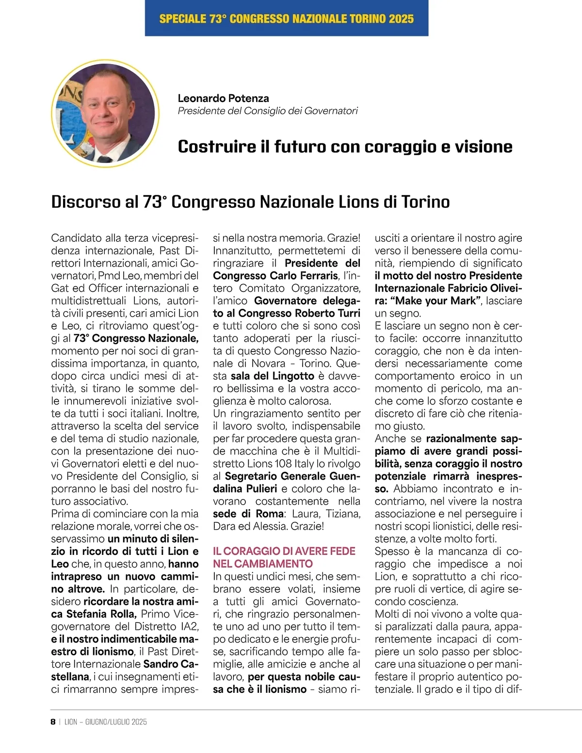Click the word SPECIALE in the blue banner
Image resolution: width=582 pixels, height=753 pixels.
point(182,19)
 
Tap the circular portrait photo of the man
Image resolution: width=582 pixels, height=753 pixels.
point(106,113)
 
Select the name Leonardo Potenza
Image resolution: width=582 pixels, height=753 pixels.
point(223,98)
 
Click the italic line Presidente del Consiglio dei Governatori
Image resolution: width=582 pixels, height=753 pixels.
point(268,111)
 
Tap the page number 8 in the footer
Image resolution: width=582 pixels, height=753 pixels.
point(53,721)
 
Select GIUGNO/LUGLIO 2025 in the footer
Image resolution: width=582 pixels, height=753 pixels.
point(116,721)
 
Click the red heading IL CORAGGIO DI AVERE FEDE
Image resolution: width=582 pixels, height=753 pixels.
point(284,551)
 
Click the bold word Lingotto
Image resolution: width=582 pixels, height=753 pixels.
point(293,376)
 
